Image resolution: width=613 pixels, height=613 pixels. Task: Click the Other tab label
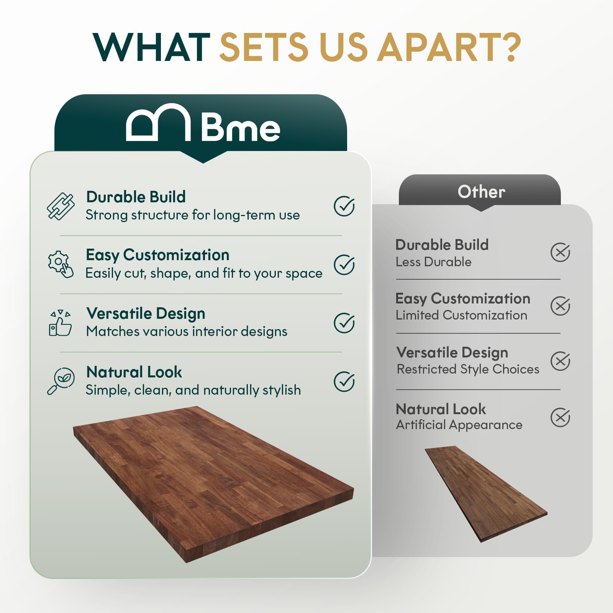481,192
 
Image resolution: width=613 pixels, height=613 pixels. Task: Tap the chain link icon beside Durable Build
61,206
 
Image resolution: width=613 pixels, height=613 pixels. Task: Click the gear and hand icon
61,264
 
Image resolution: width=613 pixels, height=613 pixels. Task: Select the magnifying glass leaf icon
61,381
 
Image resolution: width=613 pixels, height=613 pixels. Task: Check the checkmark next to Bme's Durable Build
344,206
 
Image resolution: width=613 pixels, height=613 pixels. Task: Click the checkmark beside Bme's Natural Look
344,381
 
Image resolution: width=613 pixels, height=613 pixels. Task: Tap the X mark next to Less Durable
560,252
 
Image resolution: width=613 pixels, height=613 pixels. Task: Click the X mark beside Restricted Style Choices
560,361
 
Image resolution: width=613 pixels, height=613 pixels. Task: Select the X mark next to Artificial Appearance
560,417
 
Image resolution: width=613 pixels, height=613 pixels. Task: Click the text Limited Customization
461,315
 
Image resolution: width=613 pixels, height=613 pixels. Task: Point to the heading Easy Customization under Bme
157,255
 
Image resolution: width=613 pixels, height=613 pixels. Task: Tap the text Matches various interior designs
187,331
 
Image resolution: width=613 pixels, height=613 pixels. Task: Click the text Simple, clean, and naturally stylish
193,390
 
